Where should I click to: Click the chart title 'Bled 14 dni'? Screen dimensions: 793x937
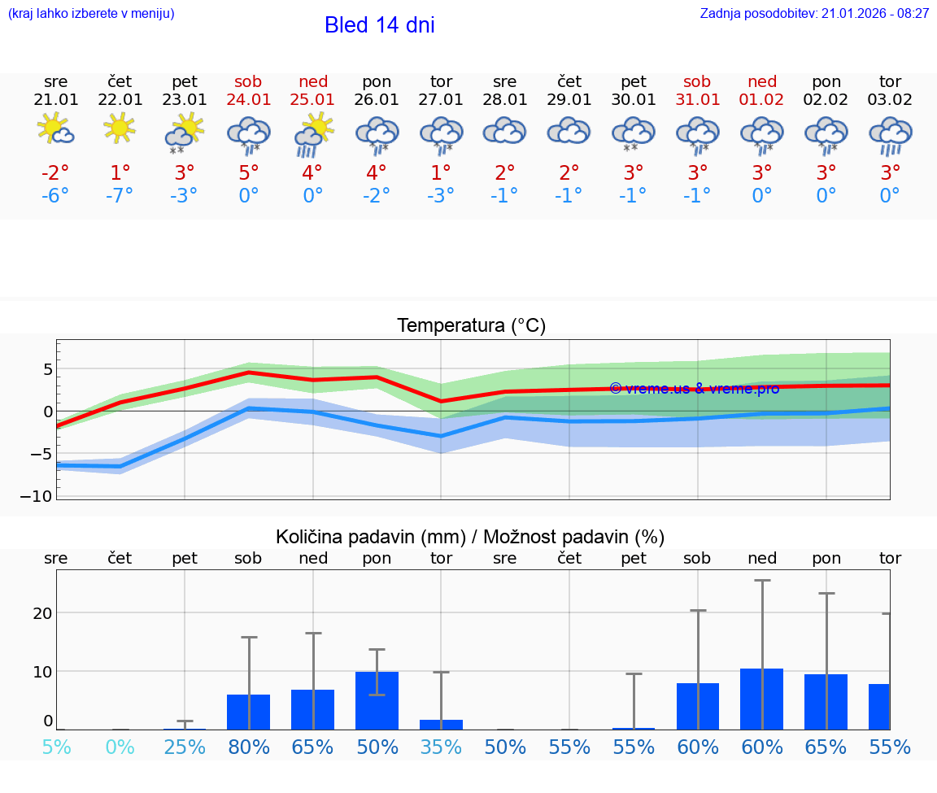pos(379,25)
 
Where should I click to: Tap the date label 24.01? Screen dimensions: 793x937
pos(249,100)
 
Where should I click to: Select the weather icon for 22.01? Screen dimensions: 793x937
pos(120,128)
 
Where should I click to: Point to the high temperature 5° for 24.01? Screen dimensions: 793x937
pos(249,173)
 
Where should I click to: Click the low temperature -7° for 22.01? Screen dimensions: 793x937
pos(120,196)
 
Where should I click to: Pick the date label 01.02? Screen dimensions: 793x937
pos(762,100)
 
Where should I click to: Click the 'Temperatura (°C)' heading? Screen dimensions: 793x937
pos(471,326)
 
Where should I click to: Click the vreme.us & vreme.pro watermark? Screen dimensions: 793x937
pos(694,389)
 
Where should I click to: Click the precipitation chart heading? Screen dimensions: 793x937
pos(470,537)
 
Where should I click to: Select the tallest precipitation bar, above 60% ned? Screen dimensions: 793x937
pos(762,699)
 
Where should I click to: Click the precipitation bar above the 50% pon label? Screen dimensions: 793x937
pos(377,700)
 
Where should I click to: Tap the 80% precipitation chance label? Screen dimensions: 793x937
pos(249,747)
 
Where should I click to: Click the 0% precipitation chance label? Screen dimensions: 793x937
pos(120,747)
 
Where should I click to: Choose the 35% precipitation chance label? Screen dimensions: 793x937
pos(441,747)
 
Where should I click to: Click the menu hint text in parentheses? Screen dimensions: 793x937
pos(91,14)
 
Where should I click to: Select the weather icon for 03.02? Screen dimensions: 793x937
pos(890,135)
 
